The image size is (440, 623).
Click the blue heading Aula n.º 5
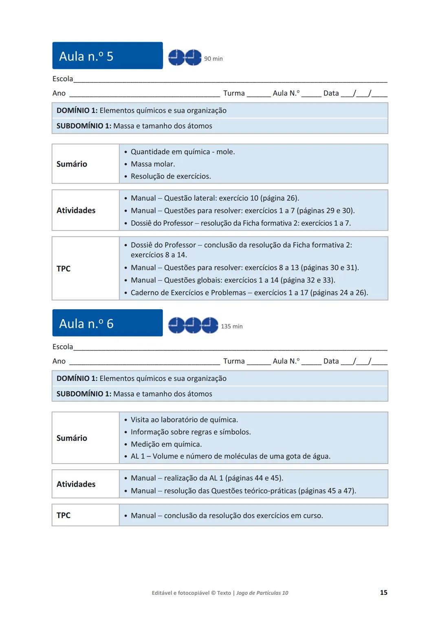[86, 56]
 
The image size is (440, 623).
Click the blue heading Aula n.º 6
[86, 324]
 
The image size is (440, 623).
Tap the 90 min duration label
[213, 59]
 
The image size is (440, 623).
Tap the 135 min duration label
[231, 326]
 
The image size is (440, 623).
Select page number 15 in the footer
[383, 592]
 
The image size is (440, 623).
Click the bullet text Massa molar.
[153, 164]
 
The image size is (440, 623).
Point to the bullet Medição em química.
[166, 444]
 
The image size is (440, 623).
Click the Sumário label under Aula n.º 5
[72, 164]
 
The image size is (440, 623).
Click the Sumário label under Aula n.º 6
[72, 438]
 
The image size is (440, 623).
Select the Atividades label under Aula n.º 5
[76, 210]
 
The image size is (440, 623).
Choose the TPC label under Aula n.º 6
[64, 515]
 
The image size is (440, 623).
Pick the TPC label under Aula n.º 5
[64, 268]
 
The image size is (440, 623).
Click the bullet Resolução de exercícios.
[171, 176]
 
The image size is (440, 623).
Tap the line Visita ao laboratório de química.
[184, 419]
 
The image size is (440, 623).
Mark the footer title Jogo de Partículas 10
[262, 593]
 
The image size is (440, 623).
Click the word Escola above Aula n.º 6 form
[63, 347]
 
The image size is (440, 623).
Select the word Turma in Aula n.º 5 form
[234, 93]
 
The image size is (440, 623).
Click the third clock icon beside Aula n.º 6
[210, 325]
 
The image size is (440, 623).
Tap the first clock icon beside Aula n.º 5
[176, 58]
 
